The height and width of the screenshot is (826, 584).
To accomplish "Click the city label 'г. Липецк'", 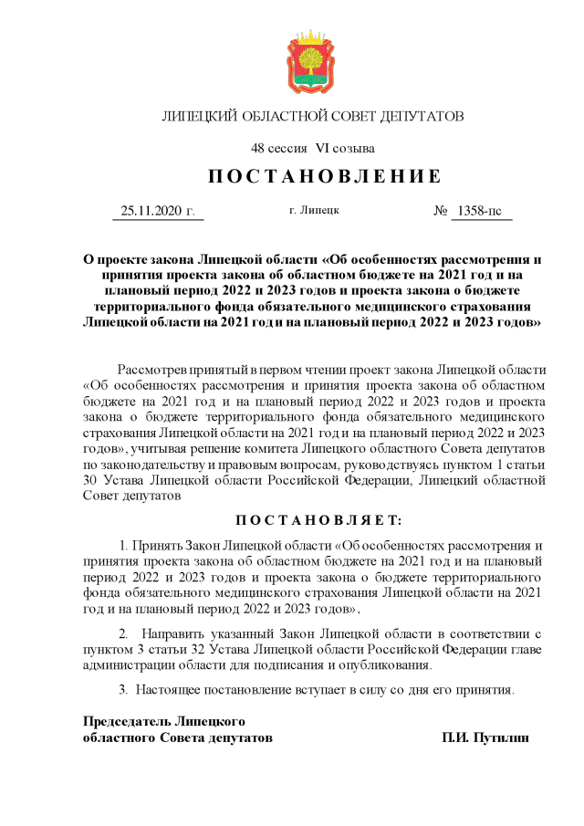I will coord(314,210).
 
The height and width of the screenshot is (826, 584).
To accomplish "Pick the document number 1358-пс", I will coord(479,211).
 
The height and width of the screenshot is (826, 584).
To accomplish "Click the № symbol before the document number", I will coord(441,211).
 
